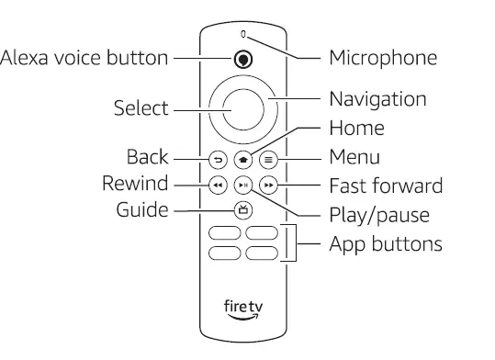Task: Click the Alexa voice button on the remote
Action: point(242,59)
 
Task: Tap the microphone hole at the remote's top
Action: point(243,35)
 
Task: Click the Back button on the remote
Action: point(218,158)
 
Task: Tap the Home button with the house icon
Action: point(242,158)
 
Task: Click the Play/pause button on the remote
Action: point(242,184)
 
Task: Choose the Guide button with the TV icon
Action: point(242,209)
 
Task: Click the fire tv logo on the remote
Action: point(242,307)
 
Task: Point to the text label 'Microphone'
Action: point(383,58)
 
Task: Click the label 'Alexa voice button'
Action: point(84,58)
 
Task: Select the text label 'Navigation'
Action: point(377,98)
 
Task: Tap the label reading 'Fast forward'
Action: point(386,186)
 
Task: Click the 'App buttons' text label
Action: point(386,244)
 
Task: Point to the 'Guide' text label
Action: point(142,210)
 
